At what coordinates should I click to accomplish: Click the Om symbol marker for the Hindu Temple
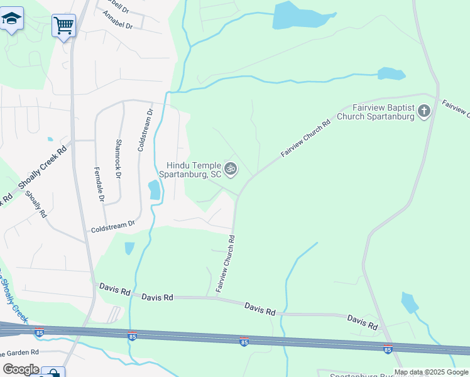[231, 168]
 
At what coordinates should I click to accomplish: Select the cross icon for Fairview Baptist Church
[424, 112]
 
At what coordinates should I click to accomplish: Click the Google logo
[21, 369]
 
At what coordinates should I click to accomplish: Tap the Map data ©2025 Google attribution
[431, 372]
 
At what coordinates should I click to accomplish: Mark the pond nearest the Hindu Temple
[153, 189]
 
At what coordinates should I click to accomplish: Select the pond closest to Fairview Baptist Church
[391, 74]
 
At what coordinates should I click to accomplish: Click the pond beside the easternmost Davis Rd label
[409, 302]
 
